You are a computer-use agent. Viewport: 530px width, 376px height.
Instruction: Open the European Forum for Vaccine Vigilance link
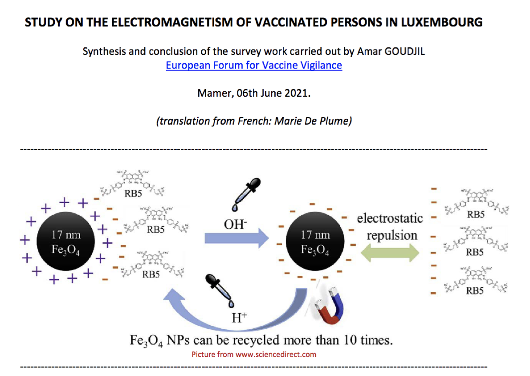(x=254, y=65)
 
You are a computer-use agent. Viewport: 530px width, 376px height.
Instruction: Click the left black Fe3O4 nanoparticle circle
(x=65, y=241)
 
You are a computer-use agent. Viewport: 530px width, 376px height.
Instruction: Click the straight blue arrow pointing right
(x=236, y=239)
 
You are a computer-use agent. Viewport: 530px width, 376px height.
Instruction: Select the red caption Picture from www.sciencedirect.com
(x=254, y=354)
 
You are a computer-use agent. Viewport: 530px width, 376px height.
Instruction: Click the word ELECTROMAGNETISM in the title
(x=165, y=22)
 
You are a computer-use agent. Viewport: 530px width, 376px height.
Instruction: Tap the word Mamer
(x=212, y=94)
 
